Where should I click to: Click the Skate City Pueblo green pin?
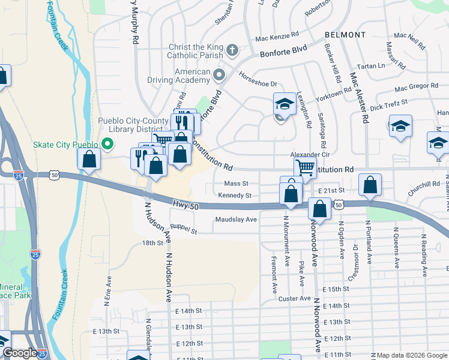point(108,144)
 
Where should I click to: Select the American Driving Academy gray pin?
point(218,75)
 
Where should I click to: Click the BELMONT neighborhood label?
point(345,35)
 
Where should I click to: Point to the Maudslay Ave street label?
point(236,220)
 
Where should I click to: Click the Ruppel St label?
point(184,227)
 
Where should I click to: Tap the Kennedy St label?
point(235,195)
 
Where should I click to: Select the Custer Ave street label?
point(295,298)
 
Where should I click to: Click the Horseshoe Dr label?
point(258,85)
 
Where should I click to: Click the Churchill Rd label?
point(423,184)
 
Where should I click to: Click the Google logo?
point(20,353)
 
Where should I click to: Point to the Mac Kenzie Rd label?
point(277,37)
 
